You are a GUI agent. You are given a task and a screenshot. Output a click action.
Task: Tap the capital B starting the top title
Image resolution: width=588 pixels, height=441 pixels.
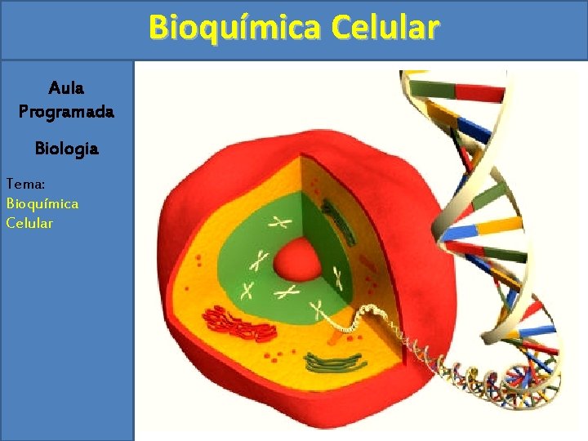158,28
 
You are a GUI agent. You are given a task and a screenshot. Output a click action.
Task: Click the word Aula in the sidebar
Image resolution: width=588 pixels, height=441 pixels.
66,87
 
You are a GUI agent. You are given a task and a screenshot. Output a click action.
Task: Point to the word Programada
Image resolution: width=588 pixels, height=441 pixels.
66,112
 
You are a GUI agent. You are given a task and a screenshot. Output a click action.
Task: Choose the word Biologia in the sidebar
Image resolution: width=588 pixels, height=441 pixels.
66,149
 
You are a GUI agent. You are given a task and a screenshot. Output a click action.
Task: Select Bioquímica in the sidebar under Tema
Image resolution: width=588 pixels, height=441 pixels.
42,203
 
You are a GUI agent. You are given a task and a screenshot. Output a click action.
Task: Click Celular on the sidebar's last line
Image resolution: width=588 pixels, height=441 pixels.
29,222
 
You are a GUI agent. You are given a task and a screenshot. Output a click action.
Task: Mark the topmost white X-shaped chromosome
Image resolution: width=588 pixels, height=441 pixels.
283,221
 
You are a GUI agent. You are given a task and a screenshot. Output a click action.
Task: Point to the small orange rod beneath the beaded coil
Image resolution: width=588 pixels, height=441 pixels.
336,334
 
